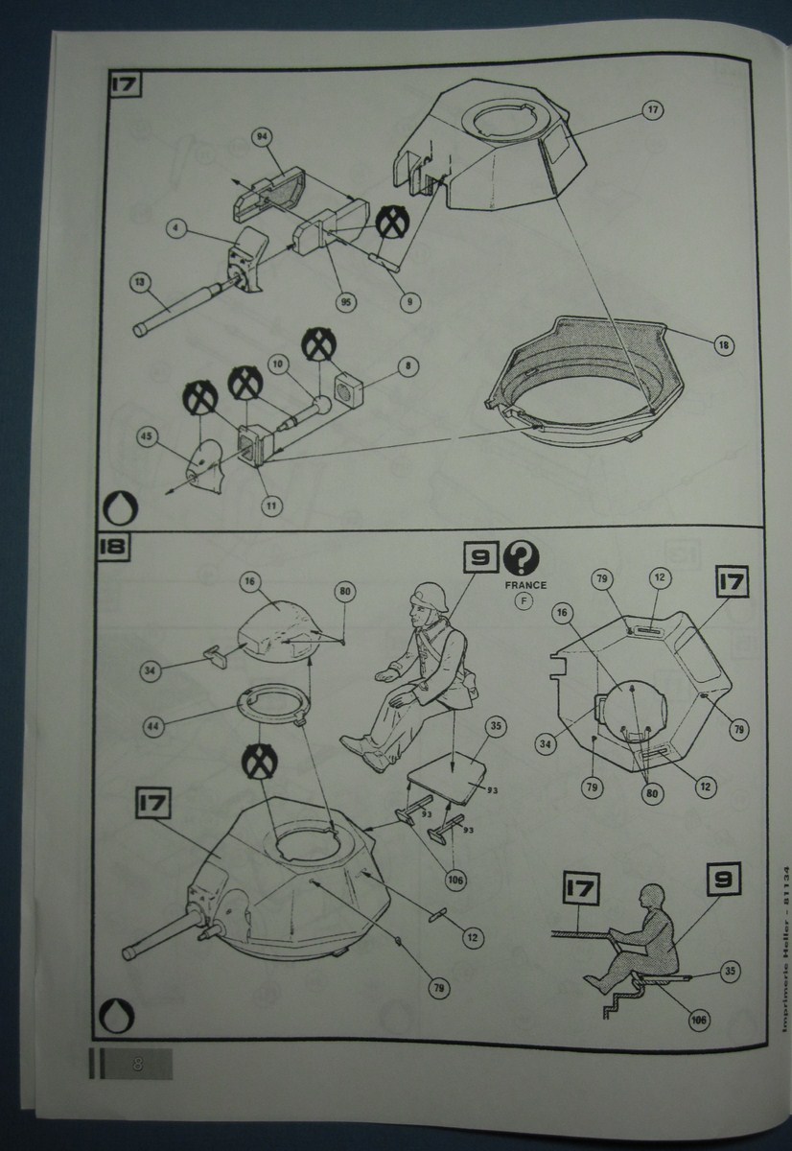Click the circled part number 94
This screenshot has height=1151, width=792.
tap(261, 137)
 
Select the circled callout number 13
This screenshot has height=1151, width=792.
tap(140, 282)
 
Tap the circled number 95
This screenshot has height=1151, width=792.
tap(345, 301)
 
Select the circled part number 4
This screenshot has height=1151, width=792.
tap(175, 228)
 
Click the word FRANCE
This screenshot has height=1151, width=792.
tap(523, 585)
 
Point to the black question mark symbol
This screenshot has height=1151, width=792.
tap(523, 558)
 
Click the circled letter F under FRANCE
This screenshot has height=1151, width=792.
tap(523, 602)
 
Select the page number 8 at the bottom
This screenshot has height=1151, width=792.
tap(138, 1064)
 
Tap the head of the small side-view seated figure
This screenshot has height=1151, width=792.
tap(653, 899)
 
